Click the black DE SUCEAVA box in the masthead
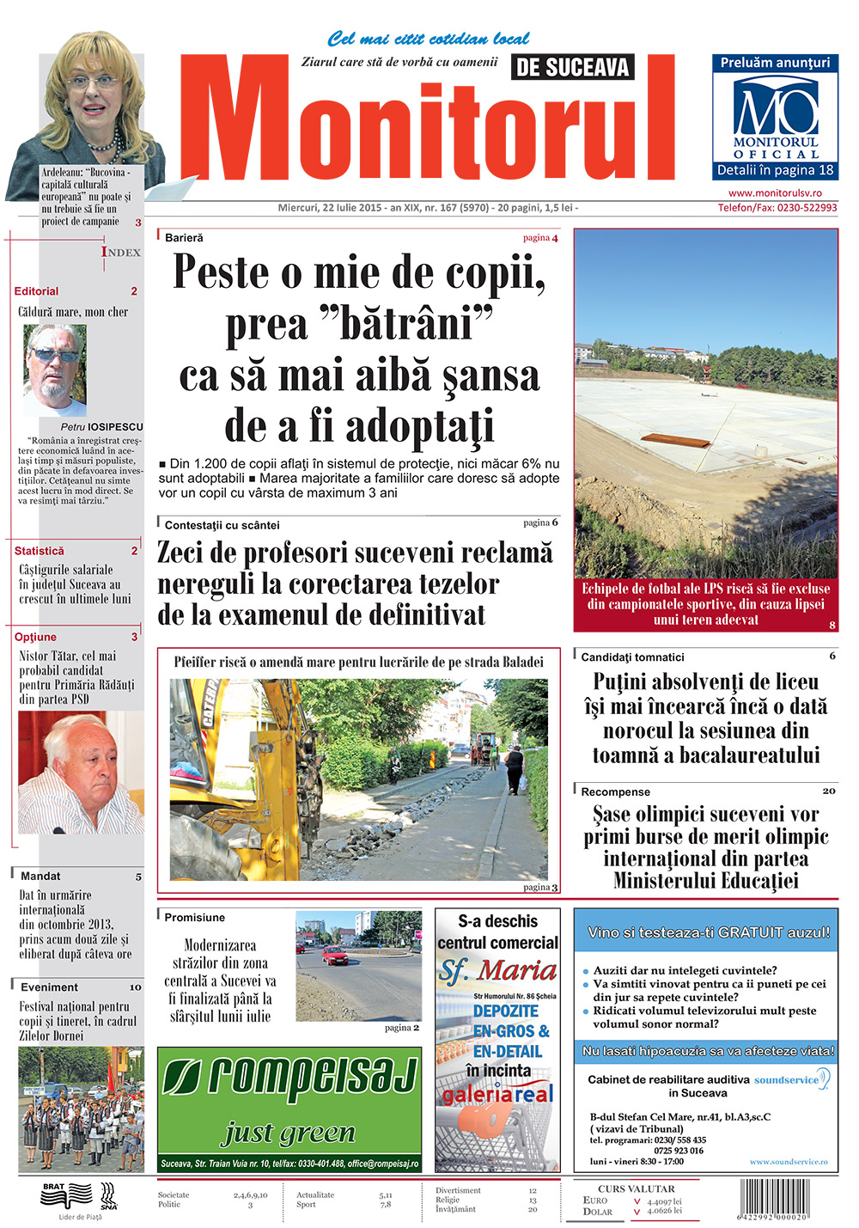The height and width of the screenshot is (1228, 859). click(572, 67)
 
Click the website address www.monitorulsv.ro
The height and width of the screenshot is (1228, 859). click(775, 193)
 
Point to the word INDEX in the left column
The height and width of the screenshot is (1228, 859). click(121, 252)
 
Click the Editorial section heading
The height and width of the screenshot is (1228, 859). click(36, 291)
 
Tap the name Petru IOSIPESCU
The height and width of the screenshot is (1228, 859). click(101, 426)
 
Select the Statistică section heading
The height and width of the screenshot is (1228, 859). click(39, 551)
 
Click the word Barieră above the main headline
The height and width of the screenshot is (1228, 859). click(184, 238)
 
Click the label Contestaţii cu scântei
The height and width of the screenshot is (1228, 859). click(222, 525)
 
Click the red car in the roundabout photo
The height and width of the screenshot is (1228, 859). click(333, 955)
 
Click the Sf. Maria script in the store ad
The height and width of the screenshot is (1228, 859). click(497, 970)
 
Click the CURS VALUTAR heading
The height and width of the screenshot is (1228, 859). click(636, 1188)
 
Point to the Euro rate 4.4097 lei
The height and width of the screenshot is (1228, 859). click(664, 1201)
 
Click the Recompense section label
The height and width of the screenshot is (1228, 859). click(615, 791)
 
